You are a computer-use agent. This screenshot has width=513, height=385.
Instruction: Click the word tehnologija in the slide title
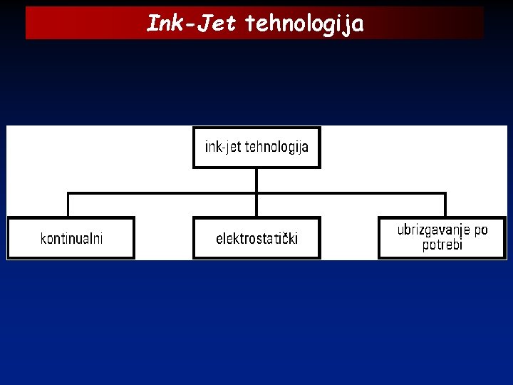(305, 24)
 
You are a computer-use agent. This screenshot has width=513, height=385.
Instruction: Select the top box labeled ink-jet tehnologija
(256, 148)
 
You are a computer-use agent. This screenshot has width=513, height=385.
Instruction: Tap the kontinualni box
(71, 238)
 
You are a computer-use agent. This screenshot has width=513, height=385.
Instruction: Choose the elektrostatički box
(256, 238)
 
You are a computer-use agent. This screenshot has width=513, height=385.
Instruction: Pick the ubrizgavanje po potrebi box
(442, 237)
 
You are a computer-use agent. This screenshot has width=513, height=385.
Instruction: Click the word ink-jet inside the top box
(223, 148)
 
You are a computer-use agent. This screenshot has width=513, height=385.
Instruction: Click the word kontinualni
(71, 238)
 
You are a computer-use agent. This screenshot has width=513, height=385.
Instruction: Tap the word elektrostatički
(256, 238)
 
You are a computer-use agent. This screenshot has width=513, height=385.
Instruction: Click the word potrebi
(442, 245)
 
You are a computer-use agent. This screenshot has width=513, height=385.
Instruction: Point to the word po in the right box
(481, 231)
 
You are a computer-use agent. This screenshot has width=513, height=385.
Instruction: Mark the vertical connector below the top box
(256, 180)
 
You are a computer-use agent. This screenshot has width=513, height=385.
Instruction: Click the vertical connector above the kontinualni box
(68, 205)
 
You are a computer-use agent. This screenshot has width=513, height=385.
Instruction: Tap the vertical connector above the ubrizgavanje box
(445, 205)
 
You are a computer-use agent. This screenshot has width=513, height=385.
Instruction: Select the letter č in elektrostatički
(285, 238)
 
